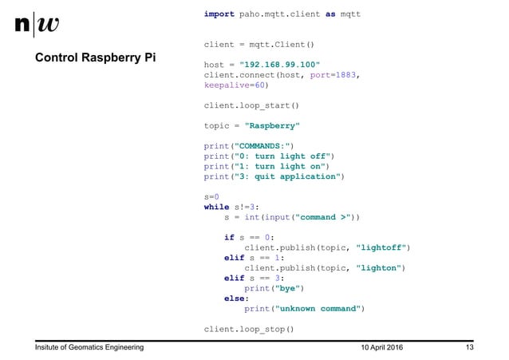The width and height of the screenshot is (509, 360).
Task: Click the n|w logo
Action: pos(37,25)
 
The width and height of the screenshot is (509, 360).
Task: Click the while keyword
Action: pos(217,206)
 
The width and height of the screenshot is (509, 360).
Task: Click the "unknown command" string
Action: pos(316,308)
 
